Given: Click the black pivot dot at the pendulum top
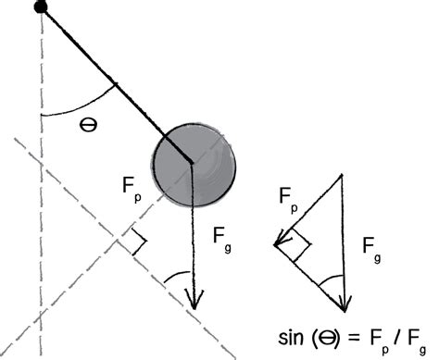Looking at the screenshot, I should tap(41, 7).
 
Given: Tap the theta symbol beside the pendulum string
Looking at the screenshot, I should tap(89, 124).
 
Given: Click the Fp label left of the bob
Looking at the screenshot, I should tap(133, 185).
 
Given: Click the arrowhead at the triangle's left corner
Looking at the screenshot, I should tap(279, 243).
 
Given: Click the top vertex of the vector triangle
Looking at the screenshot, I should tap(344, 174).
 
